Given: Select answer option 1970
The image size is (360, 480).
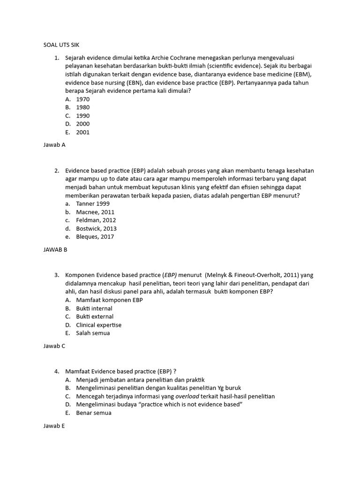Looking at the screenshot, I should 82,99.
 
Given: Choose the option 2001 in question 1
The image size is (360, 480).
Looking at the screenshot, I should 82,132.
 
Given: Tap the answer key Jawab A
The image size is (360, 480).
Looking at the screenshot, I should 54,145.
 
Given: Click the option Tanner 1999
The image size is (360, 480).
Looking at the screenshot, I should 93,204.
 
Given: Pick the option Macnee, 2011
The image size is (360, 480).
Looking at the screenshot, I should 95,212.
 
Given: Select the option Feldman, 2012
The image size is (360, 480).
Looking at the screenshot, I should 96,220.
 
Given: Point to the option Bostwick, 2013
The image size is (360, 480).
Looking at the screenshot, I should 97,228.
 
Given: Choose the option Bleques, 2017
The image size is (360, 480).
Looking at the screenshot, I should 95,237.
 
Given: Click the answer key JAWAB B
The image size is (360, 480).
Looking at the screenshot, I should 55,249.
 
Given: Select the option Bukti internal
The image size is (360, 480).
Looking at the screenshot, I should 94,308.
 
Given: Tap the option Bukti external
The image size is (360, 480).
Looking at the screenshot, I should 95,316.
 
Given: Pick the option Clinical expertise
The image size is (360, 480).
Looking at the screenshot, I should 99,325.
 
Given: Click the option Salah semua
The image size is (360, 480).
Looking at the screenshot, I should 93,333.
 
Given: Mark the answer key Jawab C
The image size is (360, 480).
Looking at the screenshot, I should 54,346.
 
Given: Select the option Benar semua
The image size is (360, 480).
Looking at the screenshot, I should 94,413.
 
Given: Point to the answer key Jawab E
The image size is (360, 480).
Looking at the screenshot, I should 54,426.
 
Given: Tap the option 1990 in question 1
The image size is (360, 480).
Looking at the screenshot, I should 82,116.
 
